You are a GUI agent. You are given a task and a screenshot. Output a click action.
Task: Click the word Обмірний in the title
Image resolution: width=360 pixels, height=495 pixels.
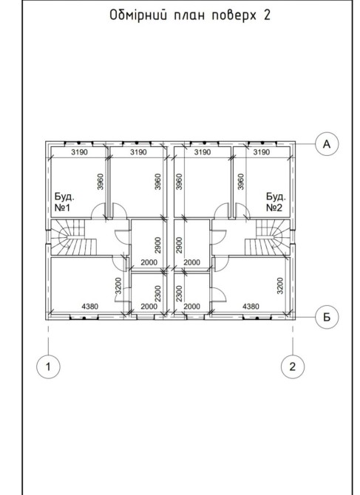[x=138, y=15]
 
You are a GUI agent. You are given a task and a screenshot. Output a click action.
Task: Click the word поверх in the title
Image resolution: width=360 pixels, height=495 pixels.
[x=234, y=16]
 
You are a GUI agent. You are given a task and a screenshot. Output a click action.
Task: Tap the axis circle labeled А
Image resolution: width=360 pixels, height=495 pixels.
[x=327, y=144]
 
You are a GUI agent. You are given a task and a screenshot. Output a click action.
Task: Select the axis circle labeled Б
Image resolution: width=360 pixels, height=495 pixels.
[x=327, y=317]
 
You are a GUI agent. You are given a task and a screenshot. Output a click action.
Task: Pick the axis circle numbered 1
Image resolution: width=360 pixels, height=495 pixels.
[x=48, y=367]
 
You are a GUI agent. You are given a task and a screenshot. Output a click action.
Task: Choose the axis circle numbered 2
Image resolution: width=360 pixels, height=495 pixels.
[x=293, y=367]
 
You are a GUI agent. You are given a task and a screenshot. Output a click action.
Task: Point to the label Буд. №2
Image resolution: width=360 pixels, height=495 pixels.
[x=276, y=202]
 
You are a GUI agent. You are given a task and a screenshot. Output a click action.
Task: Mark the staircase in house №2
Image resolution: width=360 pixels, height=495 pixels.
[x=268, y=237]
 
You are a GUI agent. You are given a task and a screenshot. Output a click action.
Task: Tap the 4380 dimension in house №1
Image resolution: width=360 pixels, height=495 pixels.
[x=90, y=306]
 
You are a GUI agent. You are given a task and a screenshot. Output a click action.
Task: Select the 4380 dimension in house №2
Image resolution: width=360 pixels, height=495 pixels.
[x=251, y=306]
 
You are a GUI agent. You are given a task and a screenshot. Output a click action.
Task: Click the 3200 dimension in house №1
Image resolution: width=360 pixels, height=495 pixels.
[x=118, y=286]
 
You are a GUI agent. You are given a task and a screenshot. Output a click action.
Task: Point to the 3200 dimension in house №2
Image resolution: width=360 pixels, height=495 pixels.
[x=280, y=286]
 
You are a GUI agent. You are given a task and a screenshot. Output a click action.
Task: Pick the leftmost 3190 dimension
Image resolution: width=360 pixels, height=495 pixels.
[x=80, y=152]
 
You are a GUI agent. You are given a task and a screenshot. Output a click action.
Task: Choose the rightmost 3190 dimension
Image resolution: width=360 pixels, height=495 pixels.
[x=262, y=152]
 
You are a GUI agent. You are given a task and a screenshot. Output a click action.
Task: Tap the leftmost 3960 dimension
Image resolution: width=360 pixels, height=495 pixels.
[x=100, y=182]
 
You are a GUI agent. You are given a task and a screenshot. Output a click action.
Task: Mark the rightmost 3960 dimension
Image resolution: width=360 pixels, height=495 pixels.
[x=241, y=182]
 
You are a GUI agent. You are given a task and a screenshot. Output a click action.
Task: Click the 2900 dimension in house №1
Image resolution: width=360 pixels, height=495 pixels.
[x=157, y=245]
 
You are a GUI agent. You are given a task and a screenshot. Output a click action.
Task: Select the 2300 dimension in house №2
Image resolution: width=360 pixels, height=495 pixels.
[x=179, y=293]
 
